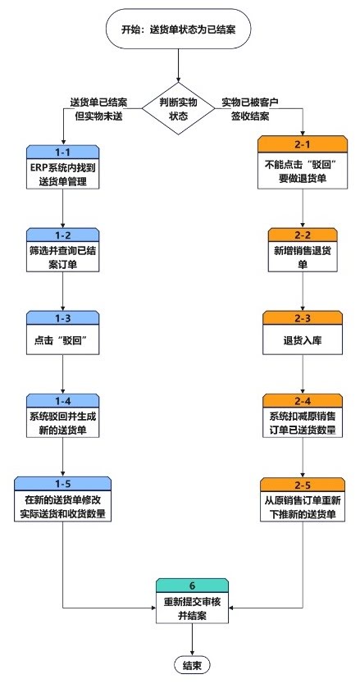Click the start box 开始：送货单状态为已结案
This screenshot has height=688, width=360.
(x=178, y=30)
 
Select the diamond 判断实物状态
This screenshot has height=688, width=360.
(x=178, y=109)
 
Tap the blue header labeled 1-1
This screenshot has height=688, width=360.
(x=63, y=152)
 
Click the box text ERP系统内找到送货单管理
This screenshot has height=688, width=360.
(x=63, y=174)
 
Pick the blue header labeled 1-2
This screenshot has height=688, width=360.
(x=63, y=235)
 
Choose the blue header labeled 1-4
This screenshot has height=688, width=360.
(x=63, y=401)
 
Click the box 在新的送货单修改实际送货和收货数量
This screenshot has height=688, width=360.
(x=63, y=506)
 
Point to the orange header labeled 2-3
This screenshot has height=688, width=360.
(x=303, y=317)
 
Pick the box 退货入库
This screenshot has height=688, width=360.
(x=303, y=339)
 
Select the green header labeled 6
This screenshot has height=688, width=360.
(x=192, y=585)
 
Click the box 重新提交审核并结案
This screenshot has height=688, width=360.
(x=192, y=608)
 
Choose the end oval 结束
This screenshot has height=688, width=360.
(x=192, y=665)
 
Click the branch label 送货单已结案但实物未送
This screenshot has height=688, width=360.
(x=98, y=109)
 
